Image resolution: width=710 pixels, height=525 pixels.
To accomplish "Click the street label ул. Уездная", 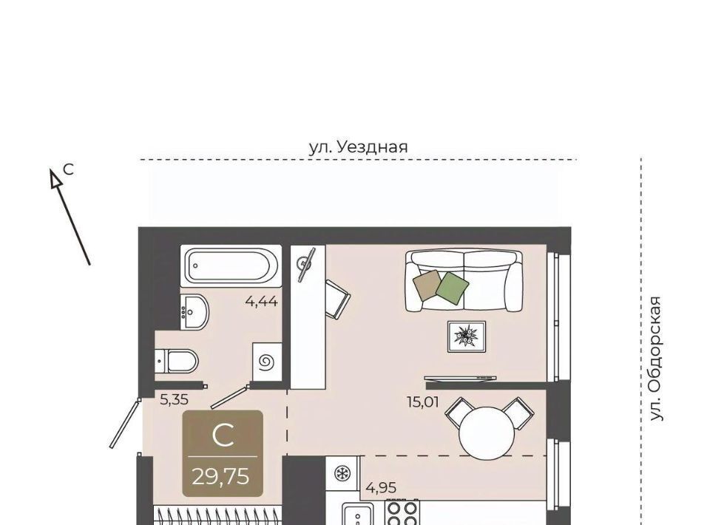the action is (358, 147).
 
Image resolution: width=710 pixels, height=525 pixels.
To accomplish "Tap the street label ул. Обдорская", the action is (656, 359).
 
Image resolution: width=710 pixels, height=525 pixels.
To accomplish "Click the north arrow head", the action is (55, 178).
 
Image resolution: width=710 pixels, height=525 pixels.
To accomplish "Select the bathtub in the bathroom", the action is (231, 265).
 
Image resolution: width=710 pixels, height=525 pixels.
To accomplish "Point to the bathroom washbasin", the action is (195, 312).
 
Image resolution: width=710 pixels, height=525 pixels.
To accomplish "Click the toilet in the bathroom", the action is (177, 361).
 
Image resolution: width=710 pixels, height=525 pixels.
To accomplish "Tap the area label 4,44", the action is (261, 301).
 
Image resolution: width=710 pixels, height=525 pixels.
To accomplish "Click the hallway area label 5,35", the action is (175, 399).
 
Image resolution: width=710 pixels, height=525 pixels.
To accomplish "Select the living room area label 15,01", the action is (423, 402).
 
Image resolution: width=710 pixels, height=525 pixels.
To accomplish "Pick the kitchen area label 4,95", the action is (381, 488).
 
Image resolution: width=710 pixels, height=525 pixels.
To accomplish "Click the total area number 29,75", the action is (220, 476).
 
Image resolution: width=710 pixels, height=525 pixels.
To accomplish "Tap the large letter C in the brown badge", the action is (223, 436).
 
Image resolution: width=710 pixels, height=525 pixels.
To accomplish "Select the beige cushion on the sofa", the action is (427, 285).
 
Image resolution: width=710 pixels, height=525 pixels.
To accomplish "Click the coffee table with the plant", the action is (467, 336).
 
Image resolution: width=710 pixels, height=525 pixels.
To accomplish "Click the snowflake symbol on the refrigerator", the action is (342, 473).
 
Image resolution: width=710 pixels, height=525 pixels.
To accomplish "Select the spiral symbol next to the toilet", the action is (266, 362).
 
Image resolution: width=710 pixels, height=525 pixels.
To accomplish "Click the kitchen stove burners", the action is (402, 512).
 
